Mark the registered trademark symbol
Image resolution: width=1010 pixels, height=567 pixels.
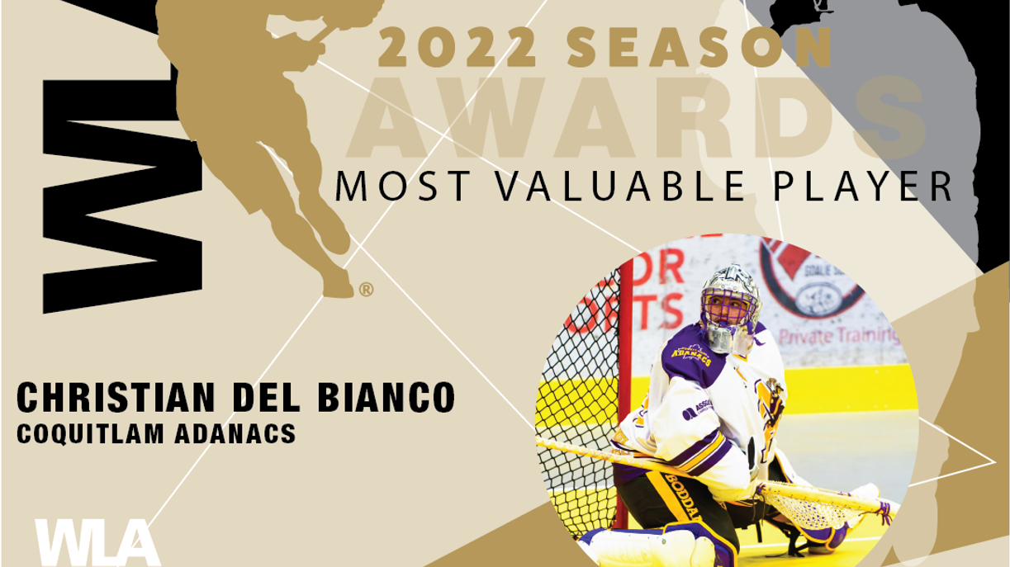[366, 290]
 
